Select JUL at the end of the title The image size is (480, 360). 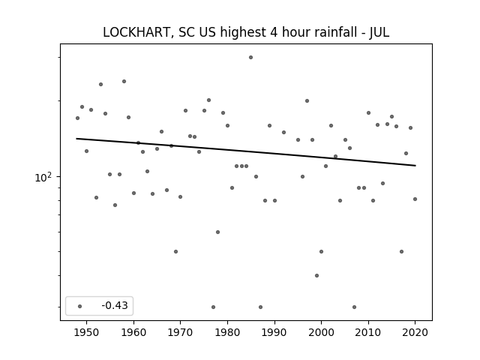(x=379, y=32)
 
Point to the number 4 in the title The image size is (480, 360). (x=273, y=32)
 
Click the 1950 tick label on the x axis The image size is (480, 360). (x=87, y=332)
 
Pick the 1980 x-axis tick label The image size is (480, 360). (x=227, y=332)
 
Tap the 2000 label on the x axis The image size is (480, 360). (x=322, y=332)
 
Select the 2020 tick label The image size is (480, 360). (x=415, y=332)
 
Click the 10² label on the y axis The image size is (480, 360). (x=43, y=177)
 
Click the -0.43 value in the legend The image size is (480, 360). (x=115, y=305)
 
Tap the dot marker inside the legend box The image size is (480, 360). (x=80, y=306)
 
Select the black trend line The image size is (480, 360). (x=246, y=152)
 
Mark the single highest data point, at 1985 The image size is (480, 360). (x=250, y=58)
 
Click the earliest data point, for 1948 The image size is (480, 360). (x=77, y=118)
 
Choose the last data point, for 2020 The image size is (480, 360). (x=415, y=199)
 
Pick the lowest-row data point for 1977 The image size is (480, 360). (x=213, y=307)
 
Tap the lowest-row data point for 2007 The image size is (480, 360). (x=354, y=307)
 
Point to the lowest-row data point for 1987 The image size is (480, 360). (x=260, y=307)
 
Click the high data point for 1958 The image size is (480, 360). (x=124, y=82)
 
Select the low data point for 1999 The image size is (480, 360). (x=316, y=275)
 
